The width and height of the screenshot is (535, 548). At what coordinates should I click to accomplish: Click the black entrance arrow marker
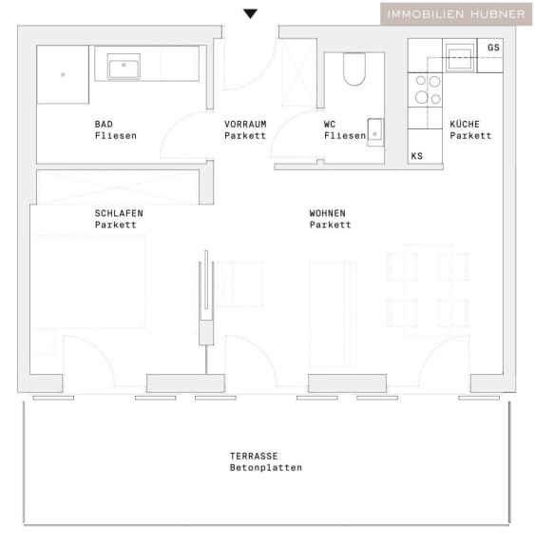(250, 13)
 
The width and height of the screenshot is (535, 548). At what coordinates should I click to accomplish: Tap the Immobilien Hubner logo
(456, 14)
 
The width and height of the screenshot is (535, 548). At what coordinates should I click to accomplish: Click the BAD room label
(104, 124)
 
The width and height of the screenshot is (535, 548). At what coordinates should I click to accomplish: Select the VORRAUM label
(245, 124)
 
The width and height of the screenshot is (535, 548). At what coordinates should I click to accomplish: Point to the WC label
(330, 124)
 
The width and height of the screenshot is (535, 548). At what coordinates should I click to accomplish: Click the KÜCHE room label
(465, 124)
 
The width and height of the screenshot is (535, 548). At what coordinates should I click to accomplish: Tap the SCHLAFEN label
(119, 213)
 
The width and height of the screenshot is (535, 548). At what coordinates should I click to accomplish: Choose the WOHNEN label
(327, 213)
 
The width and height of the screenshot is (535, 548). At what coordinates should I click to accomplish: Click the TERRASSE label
(254, 456)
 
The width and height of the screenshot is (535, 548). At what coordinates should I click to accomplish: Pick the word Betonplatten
(266, 468)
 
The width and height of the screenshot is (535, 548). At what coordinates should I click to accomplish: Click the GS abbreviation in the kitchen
(493, 48)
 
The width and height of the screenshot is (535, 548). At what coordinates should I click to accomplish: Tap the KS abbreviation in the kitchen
(417, 156)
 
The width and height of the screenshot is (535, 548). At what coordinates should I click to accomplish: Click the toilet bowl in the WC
(354, 69)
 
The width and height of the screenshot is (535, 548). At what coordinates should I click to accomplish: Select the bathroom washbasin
(124, 67)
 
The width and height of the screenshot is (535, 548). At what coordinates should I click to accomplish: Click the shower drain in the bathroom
(63, 75)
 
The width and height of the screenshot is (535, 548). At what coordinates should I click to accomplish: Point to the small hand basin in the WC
(375, 132)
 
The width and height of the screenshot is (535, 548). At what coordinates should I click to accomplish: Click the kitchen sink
(460, 58)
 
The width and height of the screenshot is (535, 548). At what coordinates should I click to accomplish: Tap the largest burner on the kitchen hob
(422, 97)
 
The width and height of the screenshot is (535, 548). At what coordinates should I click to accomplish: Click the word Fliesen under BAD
(116, 136)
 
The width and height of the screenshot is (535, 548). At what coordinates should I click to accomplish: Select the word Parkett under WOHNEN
(330, 225)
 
